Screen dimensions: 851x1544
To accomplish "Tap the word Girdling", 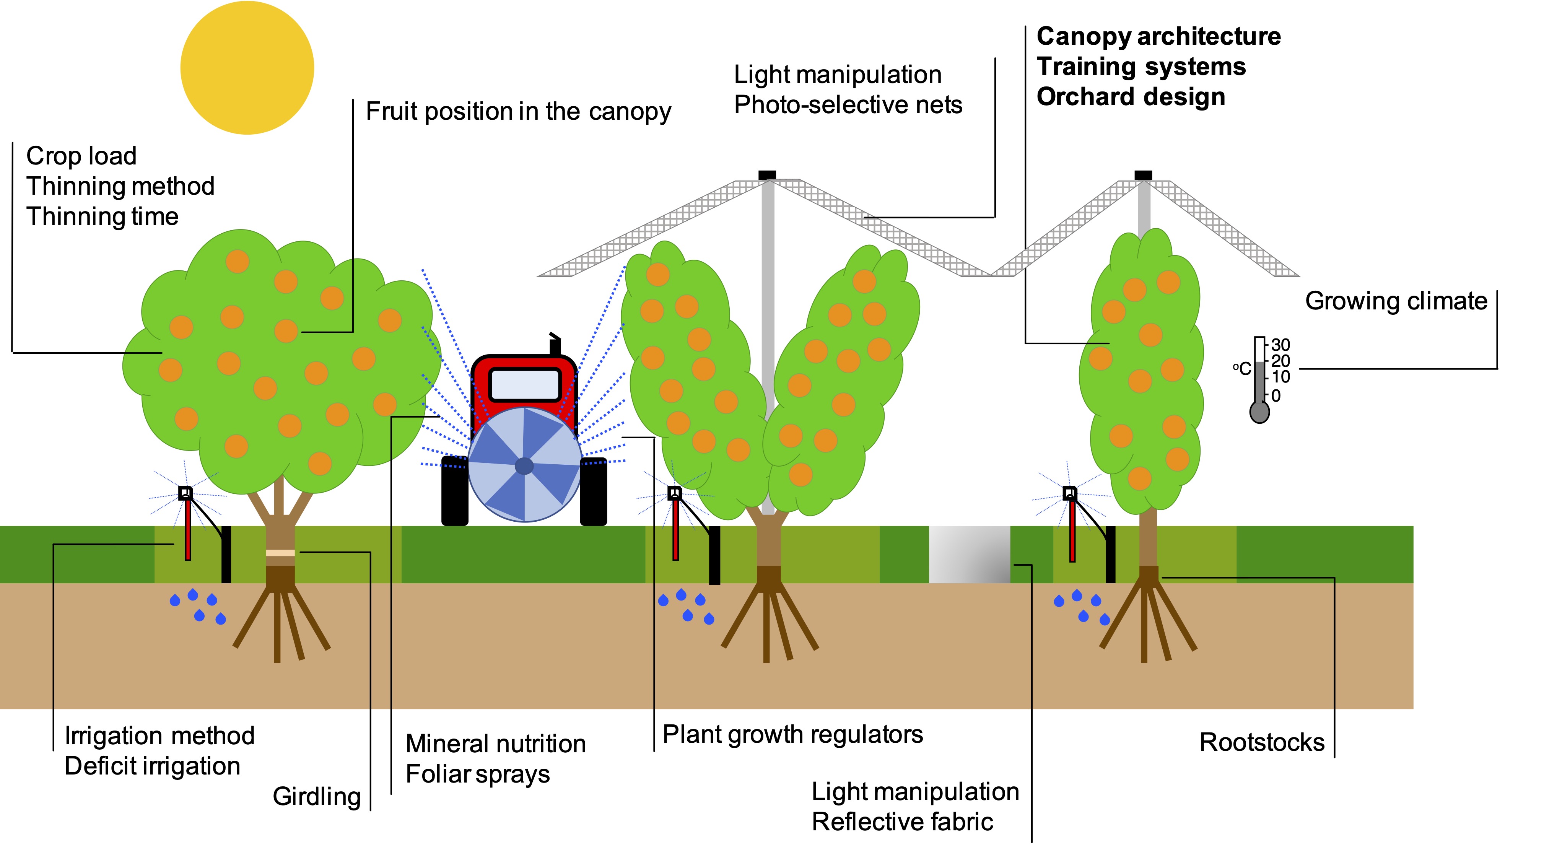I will [316, 796].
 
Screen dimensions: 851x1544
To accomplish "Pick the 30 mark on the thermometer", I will [1280, 345].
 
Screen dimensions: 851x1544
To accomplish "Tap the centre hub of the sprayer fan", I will [524, 465].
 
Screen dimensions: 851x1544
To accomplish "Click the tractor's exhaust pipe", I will [555, 345].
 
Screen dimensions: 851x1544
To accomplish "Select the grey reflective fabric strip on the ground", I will [969, 554].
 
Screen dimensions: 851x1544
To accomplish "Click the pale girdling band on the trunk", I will [280, 553].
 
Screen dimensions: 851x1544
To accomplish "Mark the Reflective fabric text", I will [902, 822].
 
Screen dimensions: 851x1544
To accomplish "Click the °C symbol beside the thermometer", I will [1241, 369].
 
